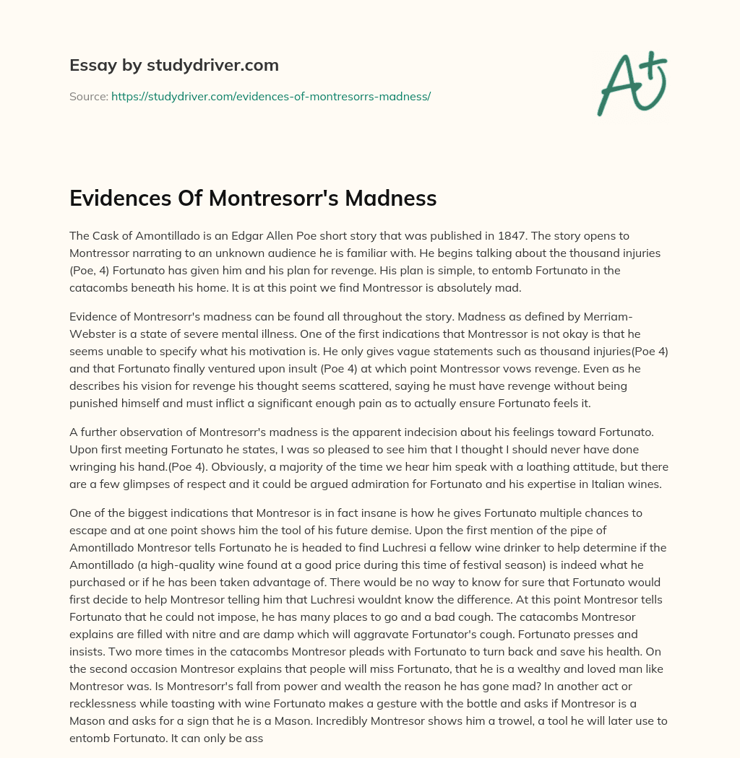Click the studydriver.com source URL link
pyautogui.click(x=271, y=96)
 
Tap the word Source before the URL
pyautogui.click(x=88, y=96)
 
